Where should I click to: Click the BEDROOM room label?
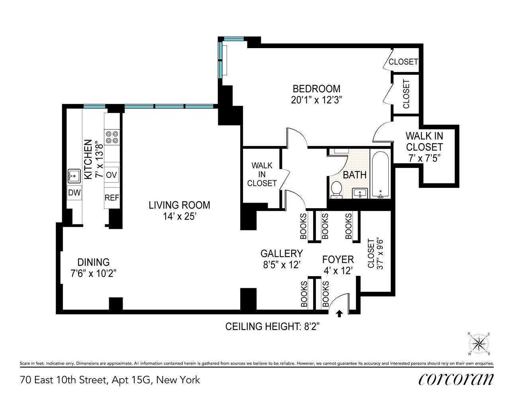(316, 89)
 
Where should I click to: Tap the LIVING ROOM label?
(179, 205)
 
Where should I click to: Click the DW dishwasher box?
(74, 193)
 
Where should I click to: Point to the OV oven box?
(112, 175)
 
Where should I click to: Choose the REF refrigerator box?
(112, 198)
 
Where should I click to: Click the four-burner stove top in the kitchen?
(112, 137)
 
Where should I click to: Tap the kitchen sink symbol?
(74, 176)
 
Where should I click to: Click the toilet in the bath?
(337, 189)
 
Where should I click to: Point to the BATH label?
(354, 175)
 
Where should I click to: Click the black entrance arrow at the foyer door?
(339, 314)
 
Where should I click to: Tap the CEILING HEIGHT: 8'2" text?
(272, 327)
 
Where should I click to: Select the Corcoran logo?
(456, 379)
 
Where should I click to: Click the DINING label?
(93, 262)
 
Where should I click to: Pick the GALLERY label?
(282, 254)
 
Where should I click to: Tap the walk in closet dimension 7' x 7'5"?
(424, 158)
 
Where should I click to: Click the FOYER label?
(338, 259)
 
